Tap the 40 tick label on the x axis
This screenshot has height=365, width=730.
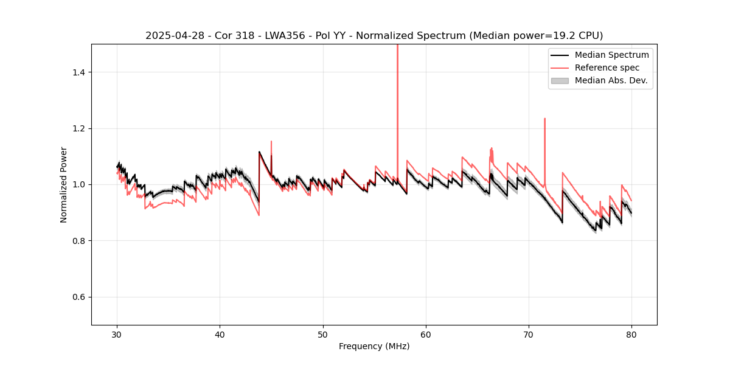(220, 334)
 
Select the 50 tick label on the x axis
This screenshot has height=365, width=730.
(323, 334)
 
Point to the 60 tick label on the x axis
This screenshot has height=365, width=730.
(426, 334)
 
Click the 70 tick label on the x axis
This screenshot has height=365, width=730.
(529, 334)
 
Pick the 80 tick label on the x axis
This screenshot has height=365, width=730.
(631, 334)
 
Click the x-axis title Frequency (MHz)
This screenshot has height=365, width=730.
(374, 346)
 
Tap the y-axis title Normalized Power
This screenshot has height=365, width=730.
(64, 184)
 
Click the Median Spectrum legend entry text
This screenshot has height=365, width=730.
(611, 55)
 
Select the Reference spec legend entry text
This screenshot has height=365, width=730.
(607, 68)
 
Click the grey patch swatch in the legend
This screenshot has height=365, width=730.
(560, 80)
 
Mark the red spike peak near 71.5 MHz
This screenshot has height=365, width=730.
(544, 119)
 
